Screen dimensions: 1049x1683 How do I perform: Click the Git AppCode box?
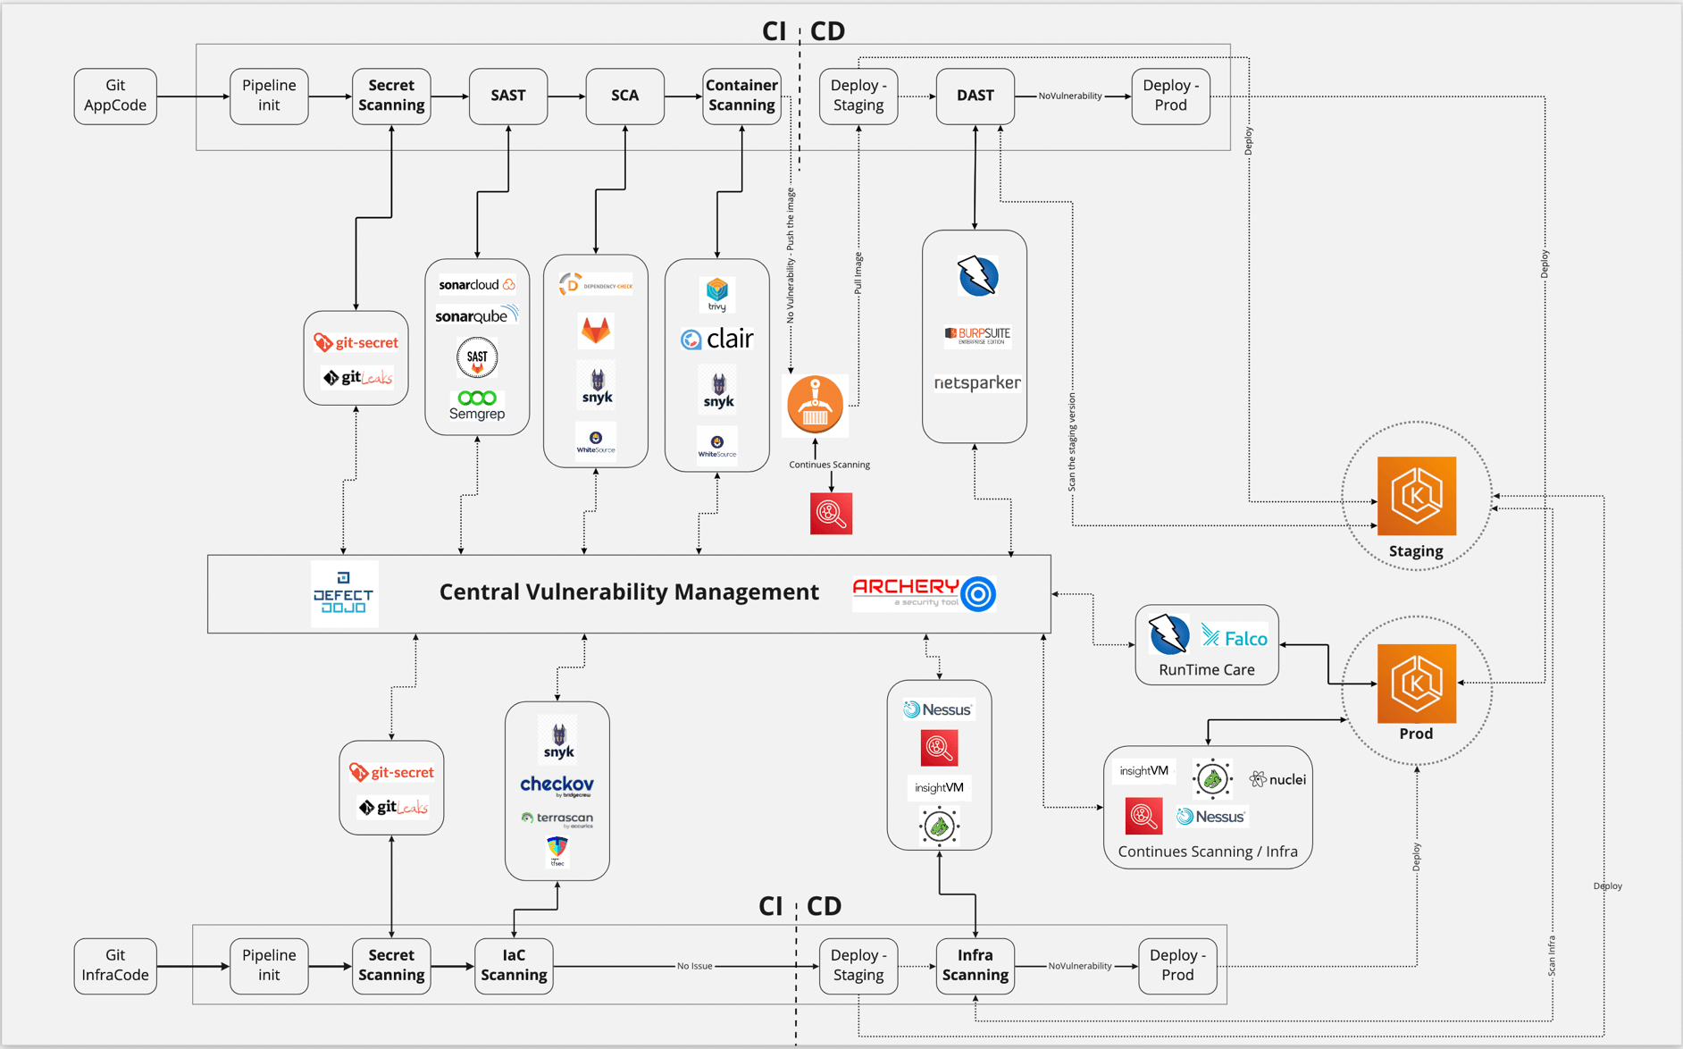(x=115, y=96)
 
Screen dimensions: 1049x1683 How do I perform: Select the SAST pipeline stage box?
(x=507, y=96)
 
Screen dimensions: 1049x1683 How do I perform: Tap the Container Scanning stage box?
(x=741, y=96)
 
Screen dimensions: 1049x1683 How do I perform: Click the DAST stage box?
(x=975, y=96)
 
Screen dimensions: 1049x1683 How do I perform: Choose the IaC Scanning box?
(x=514, y=965)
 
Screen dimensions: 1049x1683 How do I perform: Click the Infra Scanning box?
(x=975, y=965)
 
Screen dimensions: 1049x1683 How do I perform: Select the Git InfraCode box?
(x=115, y=965)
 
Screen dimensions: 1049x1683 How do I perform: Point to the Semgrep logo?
(x=477, y=405)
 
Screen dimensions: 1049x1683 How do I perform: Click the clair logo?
(x=717, y=339)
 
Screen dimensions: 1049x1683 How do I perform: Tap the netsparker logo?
(x=976, y=382)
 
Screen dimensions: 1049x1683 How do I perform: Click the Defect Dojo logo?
(x=344, y=593)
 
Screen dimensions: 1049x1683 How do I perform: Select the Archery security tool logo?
(x=924, y=592)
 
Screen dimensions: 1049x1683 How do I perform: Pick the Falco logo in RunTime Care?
(x=1235, y=637)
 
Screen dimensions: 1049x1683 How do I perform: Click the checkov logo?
(x=557, y=785)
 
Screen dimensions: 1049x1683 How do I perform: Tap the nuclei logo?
(x=1277, y=779)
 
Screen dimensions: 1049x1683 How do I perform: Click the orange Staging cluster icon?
(x=1416, y=496)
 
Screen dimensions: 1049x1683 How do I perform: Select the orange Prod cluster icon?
(x=1416, y=683)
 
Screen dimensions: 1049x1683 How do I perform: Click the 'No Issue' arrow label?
(x=694, y=966)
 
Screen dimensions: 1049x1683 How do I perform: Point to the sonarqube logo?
(x=477, y=315)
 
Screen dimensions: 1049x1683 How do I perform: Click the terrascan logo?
(x=557, y=818)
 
